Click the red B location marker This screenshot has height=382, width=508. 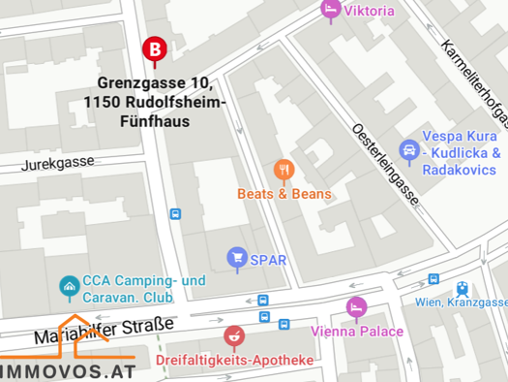click(x=153, y=48)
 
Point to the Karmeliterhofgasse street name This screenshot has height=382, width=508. click(x=473, y=81)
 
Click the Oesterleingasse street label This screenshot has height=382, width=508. click(x=385, y=165)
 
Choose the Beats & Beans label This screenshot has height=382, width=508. click(x=284, y=194)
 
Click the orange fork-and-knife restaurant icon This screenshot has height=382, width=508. click(x=283, y=171)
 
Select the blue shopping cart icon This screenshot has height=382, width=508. click(x=236, y=257)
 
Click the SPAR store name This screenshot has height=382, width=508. click(x=269, y=258)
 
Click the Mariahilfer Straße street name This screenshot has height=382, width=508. click(x=105, y=330)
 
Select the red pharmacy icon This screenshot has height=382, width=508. click(x=232, y=336)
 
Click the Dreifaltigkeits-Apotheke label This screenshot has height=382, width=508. click(x=235, y=362)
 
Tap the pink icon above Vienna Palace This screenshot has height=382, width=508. click(x=356, y=307)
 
